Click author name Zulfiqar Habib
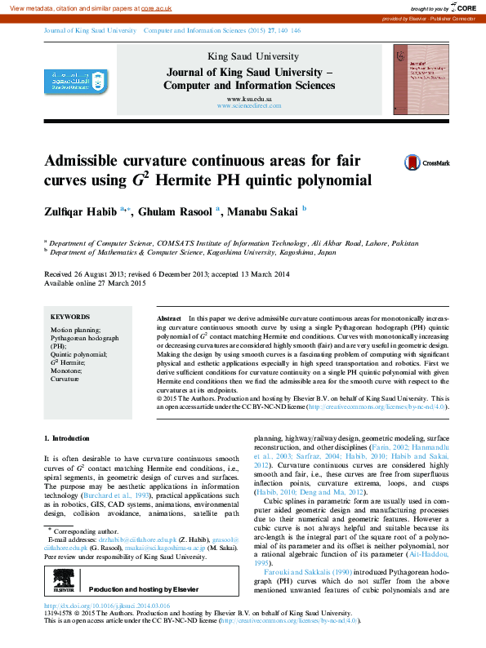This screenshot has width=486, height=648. pos(81,211)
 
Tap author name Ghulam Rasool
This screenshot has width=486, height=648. pos(176,211)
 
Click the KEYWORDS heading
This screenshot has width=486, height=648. pos(70,317)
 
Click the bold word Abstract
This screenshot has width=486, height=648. pos(169,316)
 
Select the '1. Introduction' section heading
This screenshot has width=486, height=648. pos(66,438)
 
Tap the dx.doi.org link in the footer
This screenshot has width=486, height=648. pos(107,606)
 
